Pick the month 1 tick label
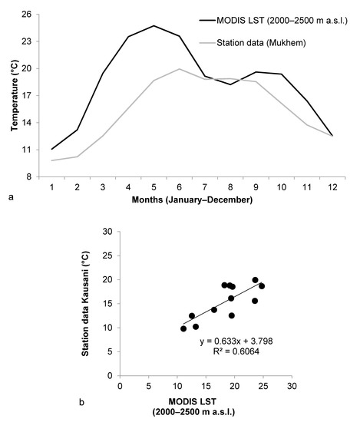[51, 186]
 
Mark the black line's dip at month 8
[230, 84]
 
